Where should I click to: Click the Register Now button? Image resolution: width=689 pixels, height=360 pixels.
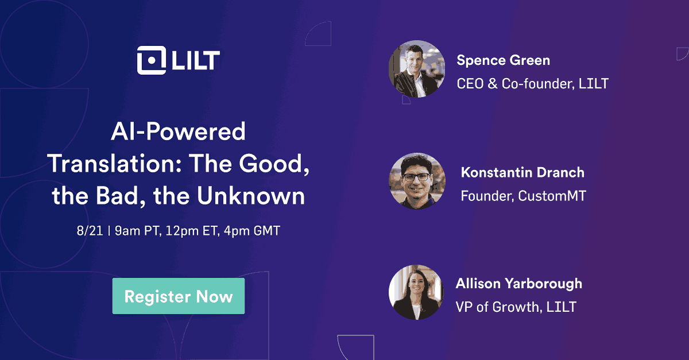point(179,296)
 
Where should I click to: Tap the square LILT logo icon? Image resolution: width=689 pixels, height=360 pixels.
point(152,60)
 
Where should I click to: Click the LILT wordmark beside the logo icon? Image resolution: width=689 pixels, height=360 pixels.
point(196,60)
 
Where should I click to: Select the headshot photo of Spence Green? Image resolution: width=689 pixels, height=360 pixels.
point(417,69)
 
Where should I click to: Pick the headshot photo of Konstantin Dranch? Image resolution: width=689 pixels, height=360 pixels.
point(417,181)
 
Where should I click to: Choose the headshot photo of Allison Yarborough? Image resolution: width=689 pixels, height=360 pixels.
point(416,292)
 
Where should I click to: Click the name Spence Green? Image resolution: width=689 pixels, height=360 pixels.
point(503,60)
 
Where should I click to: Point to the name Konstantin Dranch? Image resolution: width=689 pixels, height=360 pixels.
point(522,172)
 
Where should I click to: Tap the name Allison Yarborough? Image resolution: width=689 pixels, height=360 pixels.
point(519,284)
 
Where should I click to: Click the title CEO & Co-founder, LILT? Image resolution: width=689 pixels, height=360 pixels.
point(532,84)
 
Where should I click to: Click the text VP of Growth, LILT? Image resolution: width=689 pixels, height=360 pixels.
point(516,307)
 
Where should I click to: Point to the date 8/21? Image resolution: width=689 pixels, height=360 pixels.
point(90,231)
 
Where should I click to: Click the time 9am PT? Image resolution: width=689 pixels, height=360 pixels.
point(138,231)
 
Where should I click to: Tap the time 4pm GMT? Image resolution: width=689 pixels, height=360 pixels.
point(252,231)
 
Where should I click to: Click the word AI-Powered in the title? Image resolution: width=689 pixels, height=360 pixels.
point(178,131)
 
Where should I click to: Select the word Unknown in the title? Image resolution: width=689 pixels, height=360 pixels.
point(251,196)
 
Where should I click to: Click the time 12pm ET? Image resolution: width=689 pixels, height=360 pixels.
point(192,231)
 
